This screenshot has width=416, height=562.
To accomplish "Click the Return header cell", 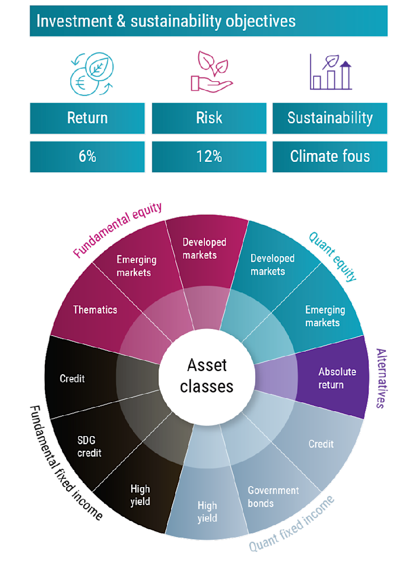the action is (87, 118).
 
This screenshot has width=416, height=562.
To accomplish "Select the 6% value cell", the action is (87, 156).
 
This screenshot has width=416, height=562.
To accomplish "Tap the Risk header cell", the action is (209, 118).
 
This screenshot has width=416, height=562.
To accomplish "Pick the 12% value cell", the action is (209, 156).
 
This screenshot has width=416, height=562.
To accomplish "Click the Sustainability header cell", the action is (330, 118).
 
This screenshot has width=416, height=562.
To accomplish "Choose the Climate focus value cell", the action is (330, 156).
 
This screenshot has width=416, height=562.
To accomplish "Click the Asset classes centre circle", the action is (207, 375).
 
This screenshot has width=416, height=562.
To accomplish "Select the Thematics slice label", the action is (95, 310).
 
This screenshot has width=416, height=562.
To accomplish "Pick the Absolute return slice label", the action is (336, 378).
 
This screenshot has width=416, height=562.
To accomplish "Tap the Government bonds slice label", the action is (273, 497).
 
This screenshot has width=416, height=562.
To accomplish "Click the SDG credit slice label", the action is (89, 447).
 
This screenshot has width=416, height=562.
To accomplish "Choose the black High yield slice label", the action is (140, 495).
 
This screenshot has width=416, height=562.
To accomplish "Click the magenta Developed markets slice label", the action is (204, 249).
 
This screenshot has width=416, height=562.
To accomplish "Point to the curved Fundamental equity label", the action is (118, 229).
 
